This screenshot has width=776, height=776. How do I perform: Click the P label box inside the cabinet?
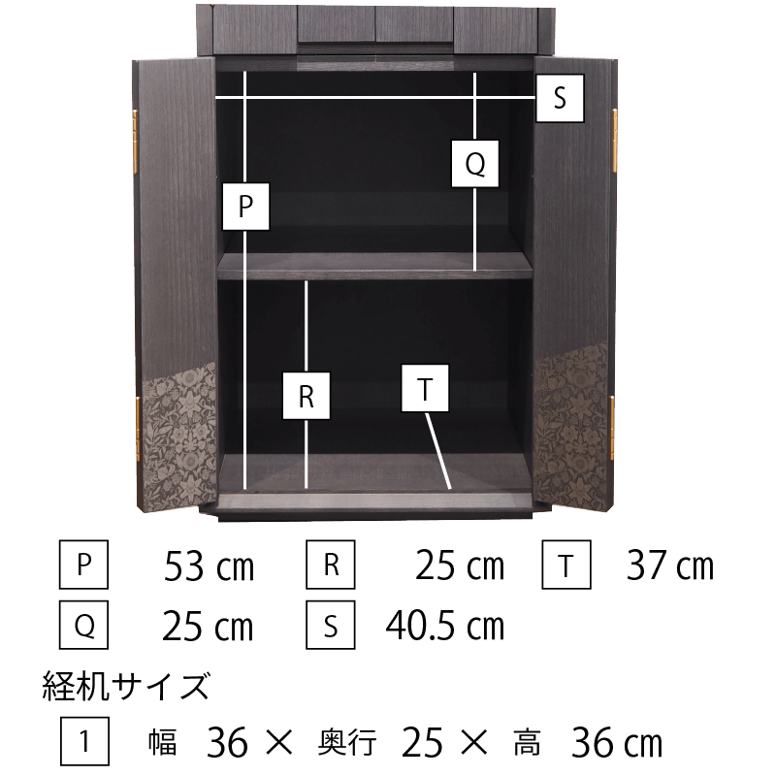pyautogui.click(x=246, y=207)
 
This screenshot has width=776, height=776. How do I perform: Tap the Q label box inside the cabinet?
pyautogui.click(x=475, y=164)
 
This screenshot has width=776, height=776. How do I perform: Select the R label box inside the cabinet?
pyautogui.click(x=307, y=396)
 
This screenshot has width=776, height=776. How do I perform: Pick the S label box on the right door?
pyautogui.click(x=561, y=98)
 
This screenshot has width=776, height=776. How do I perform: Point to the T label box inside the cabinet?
pyautogui.click(x=425, y=389)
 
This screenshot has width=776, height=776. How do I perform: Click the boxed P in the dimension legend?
pyautogui.click(x=83, y=565)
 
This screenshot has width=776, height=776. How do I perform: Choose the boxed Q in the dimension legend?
pyautogui.click(x=83, y=625)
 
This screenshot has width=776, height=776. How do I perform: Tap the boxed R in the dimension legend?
pyautogui.click(x=331, y=565)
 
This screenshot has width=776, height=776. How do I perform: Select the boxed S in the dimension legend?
pyautogui.click(x=331, y=625)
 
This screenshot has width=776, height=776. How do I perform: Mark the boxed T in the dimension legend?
pyautogui.click(x=566, y=565)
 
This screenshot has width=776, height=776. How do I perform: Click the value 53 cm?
pyautogui.click(x=209, y=566)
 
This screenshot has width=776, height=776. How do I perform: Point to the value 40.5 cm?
pyautogui.click(x=445, y=626)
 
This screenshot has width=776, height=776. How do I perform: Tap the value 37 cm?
pyautogui.click(x=670, y=566)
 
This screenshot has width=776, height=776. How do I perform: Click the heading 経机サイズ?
pyautogui.click(x=126, y=686)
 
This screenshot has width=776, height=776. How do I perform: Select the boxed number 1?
pyautogui.click(x=84, y=741)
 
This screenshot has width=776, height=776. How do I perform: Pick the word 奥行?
pyautogui.click(x=347, y=743)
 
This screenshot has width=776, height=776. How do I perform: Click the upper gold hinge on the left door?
pyautogui.click(x=135, y=142)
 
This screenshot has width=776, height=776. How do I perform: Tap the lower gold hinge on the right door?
pyautogui.click(x=612, y=428)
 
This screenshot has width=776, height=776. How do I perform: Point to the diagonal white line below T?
pyautogui.click(x=438, y=451)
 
